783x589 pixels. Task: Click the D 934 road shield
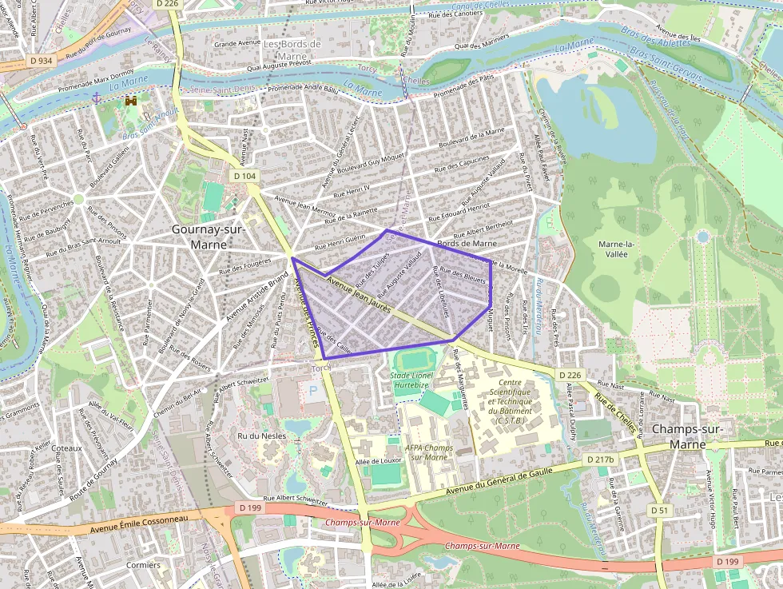[41, 60]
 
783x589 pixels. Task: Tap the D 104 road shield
[246, 176]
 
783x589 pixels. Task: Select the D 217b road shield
[601, 460]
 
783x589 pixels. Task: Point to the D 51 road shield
[658, 510]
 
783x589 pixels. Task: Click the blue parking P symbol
[313, 393]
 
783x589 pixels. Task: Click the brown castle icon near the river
[130, 102]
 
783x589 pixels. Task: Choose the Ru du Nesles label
[261, 436]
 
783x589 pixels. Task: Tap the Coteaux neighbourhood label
[66, 448]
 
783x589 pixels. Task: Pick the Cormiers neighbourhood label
[143, 565]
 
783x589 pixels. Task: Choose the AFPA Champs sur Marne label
[429, 452]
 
